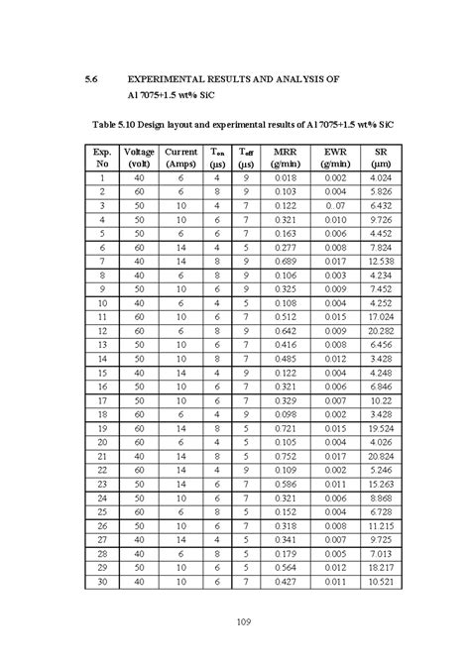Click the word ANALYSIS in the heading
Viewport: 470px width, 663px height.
pos(301,77)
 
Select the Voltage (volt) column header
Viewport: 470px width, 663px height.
pos(139,156)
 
